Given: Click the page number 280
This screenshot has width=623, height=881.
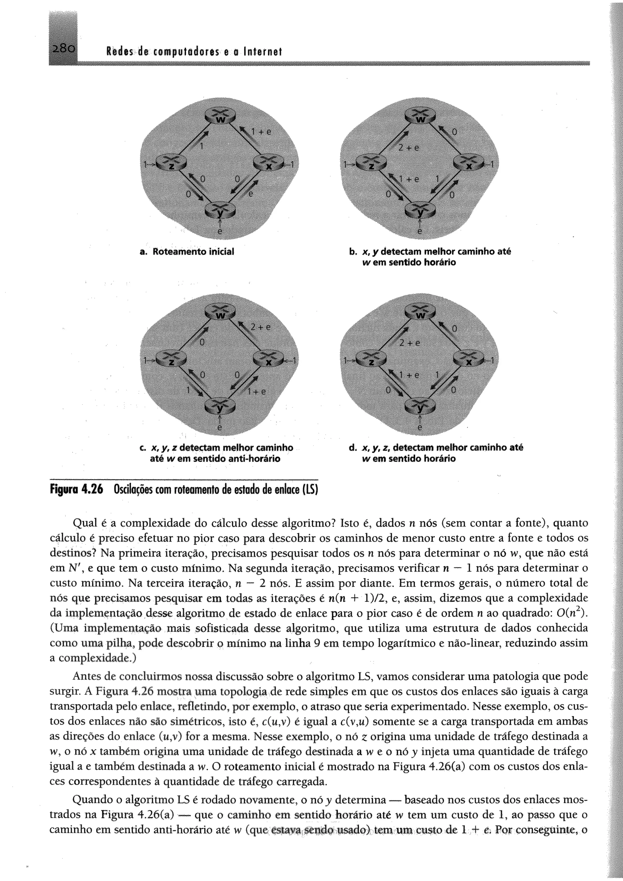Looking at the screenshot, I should click(63, 49).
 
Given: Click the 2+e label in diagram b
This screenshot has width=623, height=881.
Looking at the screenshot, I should click(409, 148).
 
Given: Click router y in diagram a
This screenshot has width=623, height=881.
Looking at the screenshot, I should click(220, 210).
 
